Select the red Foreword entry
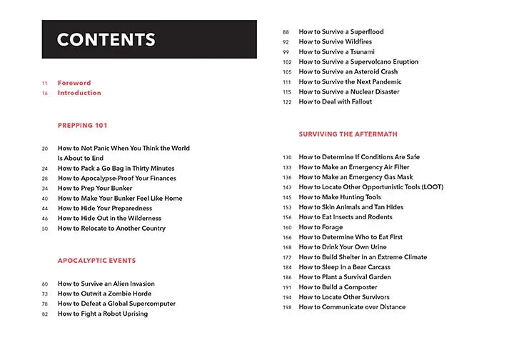coord(74,83)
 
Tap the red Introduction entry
coord(79,93)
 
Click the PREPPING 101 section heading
coord(82,125)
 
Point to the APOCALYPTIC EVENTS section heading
coord(96,261)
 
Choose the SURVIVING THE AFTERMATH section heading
coord(348,134)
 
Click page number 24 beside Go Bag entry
coord(44,168)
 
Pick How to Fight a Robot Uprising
coord(103,314)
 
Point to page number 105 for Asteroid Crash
coord(286,72)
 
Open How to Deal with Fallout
coord(336,102)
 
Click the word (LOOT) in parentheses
coord(430,187)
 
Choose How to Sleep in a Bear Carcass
coord(351,267)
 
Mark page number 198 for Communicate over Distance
coord(286,307)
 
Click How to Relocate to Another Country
coord(111,229)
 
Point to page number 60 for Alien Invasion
coord(44,284)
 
